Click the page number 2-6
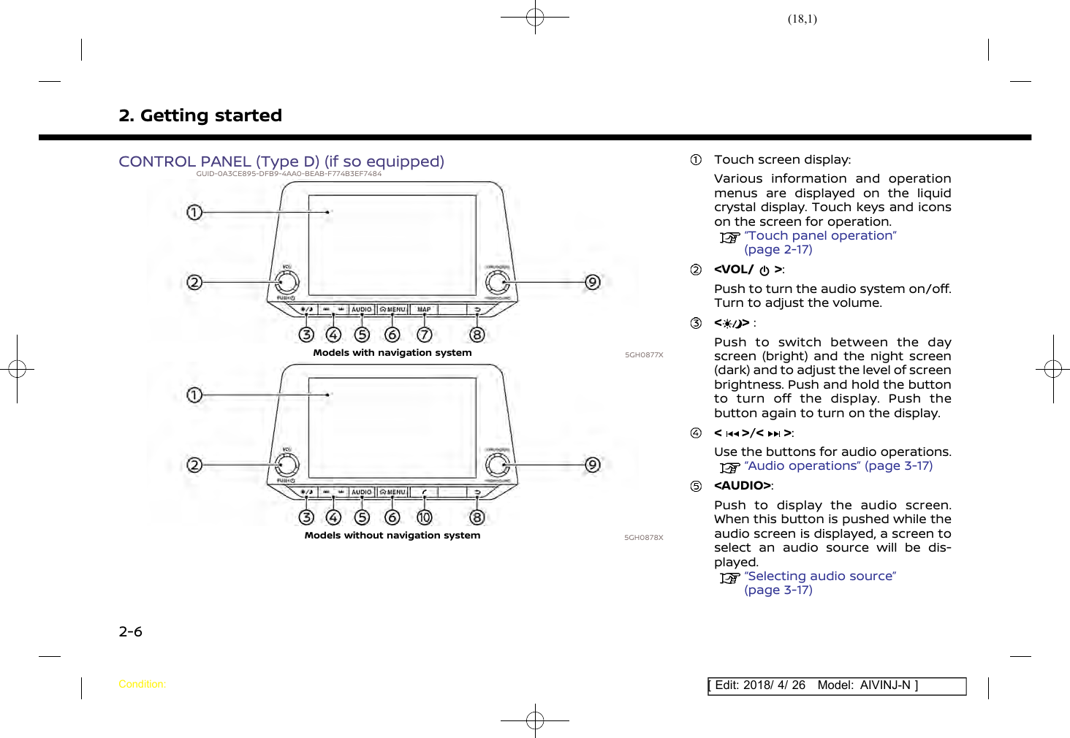click(x=131, y=632)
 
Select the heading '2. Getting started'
click(x=200, y=115)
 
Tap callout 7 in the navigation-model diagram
click(x=424, y=335)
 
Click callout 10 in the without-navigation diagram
click(x=424, y=517)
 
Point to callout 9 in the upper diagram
click(x=593, y=282)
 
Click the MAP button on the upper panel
click(x=424, y=310)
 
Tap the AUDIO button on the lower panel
click(x=362, y=492)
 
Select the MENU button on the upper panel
click(x=392, y=310)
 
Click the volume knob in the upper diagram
click(x=287, y=282)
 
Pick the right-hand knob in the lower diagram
click(x=497, y=465)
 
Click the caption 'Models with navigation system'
click(x=392, y=353)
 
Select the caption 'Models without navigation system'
click(x=392, y=536)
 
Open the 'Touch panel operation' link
click(x=820, y=236)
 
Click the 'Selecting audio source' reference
click(x=820, y=577)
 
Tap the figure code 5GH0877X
click(x=644, y=355)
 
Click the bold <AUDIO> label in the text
click(x=743, y=486)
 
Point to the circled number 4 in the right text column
click(x=697, y=433)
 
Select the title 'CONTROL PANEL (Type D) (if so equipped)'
click(x=281, y=161)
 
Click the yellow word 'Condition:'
click(x=142, y=685)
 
